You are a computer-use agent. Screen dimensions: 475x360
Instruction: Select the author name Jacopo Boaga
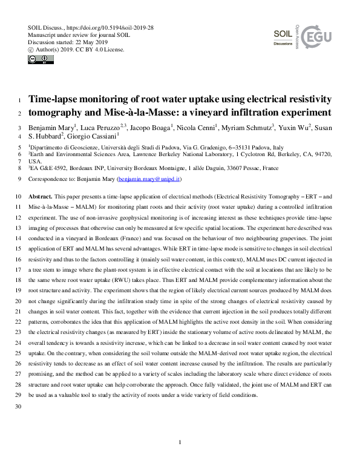click(151, 128)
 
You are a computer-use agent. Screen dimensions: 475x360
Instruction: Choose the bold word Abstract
click(41, 197)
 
